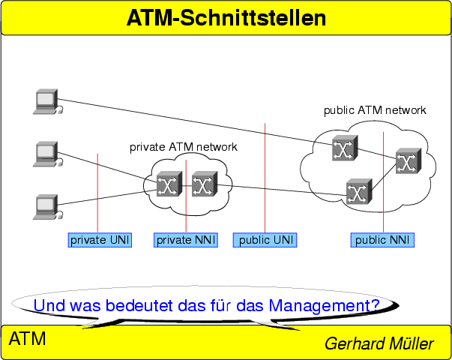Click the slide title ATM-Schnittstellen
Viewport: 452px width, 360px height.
[x=226, y=17]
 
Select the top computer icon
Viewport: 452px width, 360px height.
[x=46, y=101]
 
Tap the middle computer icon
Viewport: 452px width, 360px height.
[x=46, y=154]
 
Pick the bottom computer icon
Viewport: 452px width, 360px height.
[x=46, y=205]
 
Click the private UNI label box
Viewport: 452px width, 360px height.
[x=100, y=240]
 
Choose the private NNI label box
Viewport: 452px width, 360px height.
[x=186, y=240]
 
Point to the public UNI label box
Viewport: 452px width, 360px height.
[x=265, y=240]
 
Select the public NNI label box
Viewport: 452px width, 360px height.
[x=382, y=240]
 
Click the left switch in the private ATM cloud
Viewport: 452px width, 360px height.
[x=168, y=184]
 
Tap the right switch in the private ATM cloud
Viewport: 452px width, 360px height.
[x=203, y=184]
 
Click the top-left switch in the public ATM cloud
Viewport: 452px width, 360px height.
[x=345, y=148]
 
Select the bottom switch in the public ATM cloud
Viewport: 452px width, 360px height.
[x=358, y=192]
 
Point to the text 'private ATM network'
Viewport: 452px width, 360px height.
[x=184, y=147]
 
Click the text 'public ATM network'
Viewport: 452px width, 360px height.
[x=375, y=110]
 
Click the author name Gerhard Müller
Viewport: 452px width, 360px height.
[x=379, y=344]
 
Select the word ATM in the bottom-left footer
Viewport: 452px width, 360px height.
[x=27, y=339]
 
